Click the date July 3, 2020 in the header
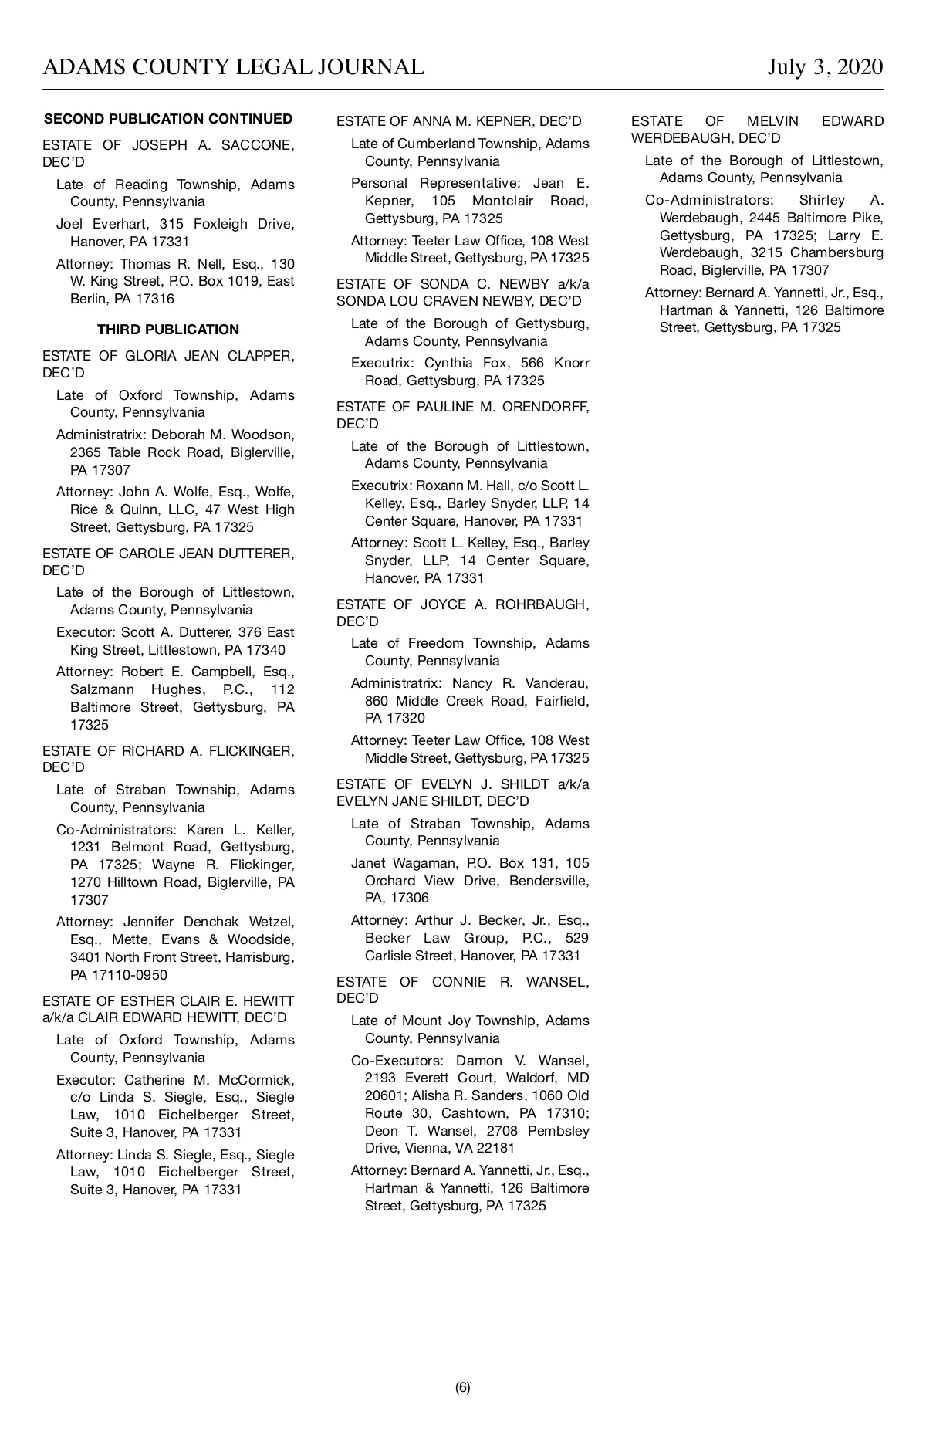pyautogui.click(x=825, y=67)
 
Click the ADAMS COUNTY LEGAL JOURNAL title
pyautogui.click(x=233, y=67)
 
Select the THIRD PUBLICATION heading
pyautogui.click(x=168, y=330)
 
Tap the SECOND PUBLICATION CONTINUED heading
pyautogui.click(x=168, y=119)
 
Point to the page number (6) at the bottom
pyautogui.click(x=462, y=1387)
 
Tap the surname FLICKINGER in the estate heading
pyautogui.click(x=252, y=751)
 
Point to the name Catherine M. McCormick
pyautogui.click(x=209, y=1080)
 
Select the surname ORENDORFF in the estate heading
pyautogui.click(x=545, y=407)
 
